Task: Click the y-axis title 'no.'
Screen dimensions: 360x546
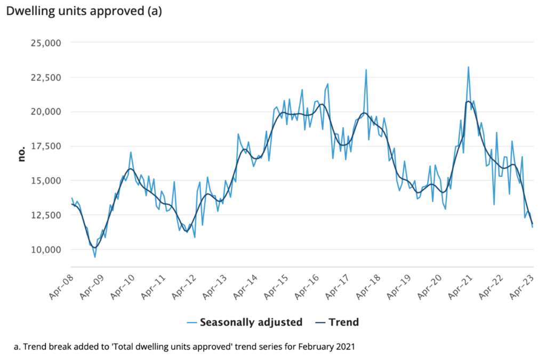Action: pos(22,155)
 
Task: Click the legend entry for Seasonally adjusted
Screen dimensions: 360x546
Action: pos(251,322)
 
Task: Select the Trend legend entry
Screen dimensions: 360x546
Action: pos(343,322)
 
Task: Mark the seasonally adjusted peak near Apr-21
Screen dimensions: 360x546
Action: pos(468,67)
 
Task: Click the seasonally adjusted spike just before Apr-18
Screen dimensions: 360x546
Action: pos(366,70)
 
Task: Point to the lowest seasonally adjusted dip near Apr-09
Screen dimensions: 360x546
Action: pos(95,257)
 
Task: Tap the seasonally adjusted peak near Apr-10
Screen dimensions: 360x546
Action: pos(131,152)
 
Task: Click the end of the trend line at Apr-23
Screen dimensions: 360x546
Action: pos(532,224)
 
